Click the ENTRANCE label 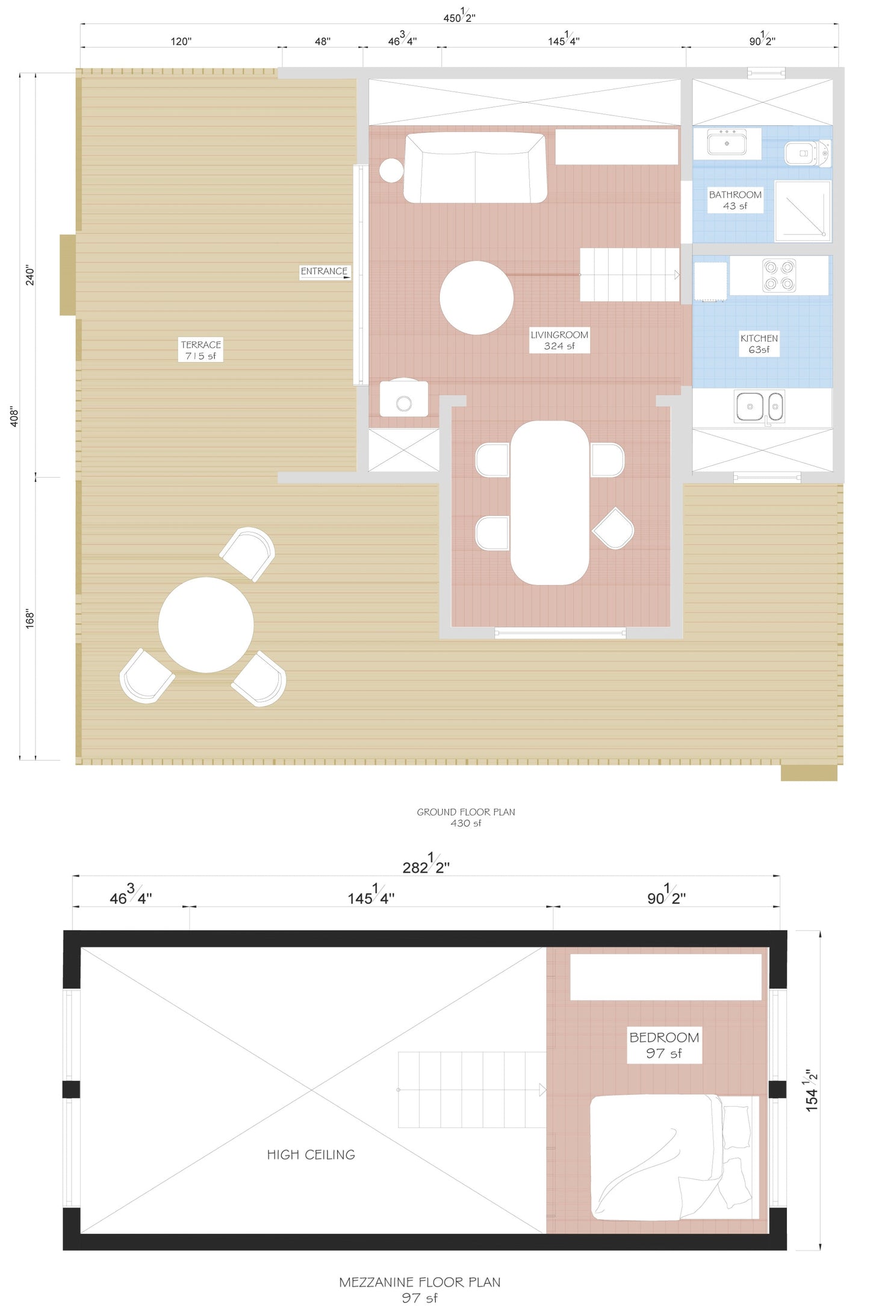pos(324,272)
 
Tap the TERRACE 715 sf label pos(200,350)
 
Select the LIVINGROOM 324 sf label pos(559,340)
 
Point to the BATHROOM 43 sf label pos(735,200)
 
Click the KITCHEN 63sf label pos(759,344)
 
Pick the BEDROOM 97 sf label pos(663,1045)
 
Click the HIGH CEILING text pos(311,1155)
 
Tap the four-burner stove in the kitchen pos(778,275)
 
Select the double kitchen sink pos(759,407)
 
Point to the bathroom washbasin pos(727,143)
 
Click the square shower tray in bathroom pos(803,211)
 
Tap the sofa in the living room pos(475,168)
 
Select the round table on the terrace pos(206,625)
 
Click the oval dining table pos(549,503)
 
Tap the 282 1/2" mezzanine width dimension pos(426,866)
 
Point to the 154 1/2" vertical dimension pos(812,1090)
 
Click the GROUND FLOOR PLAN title pos(465,812)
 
